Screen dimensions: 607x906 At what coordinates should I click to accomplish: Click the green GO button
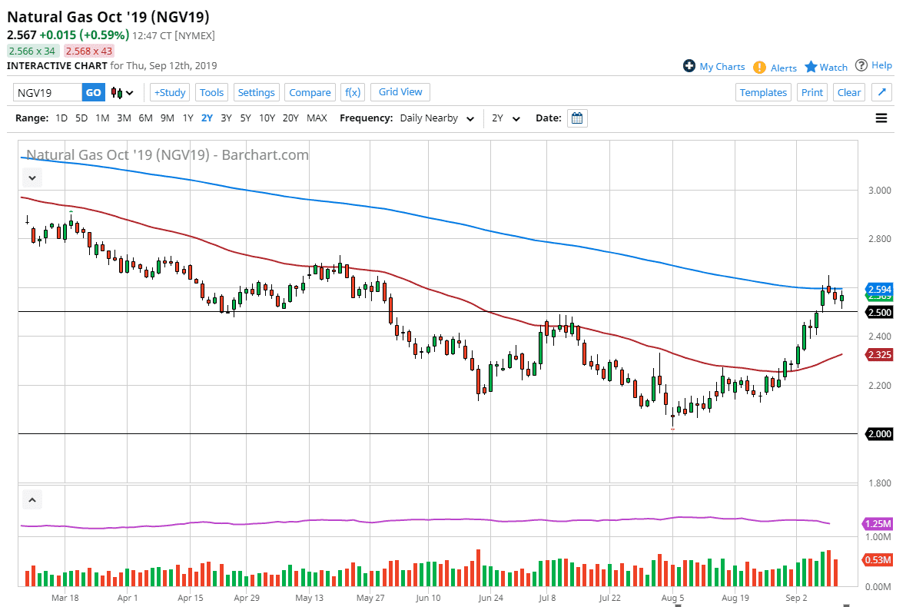click(x=93, y=92)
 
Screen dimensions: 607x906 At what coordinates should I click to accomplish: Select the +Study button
click(x=170, y=92)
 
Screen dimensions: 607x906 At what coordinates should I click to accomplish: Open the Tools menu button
click(x=211, y=92)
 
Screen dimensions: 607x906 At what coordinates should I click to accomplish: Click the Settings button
click(x=256, y=92)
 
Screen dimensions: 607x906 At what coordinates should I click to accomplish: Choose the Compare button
click(x=310, y=92)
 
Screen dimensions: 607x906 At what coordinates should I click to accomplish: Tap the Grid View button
click(x=400, y=91)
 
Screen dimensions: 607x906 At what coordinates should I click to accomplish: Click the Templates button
click(x=763, y=92)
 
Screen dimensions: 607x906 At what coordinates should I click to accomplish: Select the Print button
click(x=811, y=92)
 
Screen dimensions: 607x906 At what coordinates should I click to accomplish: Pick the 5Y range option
click(x=245, y=118)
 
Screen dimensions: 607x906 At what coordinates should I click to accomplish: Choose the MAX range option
click(x=317, y=118)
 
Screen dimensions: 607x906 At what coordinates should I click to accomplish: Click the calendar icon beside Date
click(x=577, y=118)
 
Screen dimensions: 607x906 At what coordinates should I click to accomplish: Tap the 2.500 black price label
click(x=878, y=312)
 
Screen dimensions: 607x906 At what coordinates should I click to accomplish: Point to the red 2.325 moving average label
click(x=878, y=354)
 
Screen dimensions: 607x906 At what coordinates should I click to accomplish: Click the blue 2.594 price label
click(x=878, y=289)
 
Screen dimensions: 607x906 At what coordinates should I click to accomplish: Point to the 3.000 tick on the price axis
click(x=878, y=191)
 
